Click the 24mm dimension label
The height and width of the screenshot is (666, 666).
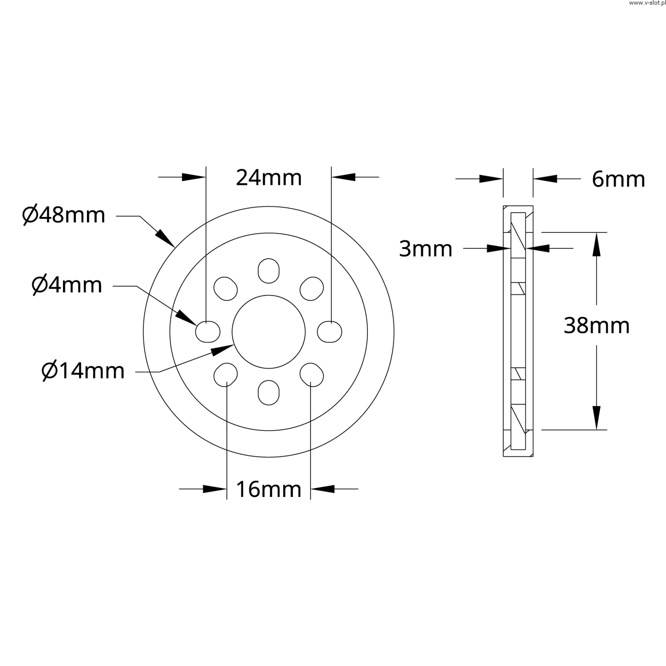[x=269, y=178]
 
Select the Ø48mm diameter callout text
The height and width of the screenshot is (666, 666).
[x=63, y=215]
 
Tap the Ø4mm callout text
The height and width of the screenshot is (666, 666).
[x=67, y=285]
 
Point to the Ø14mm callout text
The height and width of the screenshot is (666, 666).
[x=83, y=371]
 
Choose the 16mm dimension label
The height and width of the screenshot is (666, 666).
[x=268, y=490]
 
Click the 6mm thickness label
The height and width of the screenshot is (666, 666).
[x=618, y=180]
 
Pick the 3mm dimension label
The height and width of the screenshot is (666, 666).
[x=426, y=249]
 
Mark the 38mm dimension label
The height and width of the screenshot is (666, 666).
[x=596, y=326]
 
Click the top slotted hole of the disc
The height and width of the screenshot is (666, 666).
[x=268, y=271]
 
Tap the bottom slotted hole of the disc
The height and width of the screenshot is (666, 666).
[x=268, y=393]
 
